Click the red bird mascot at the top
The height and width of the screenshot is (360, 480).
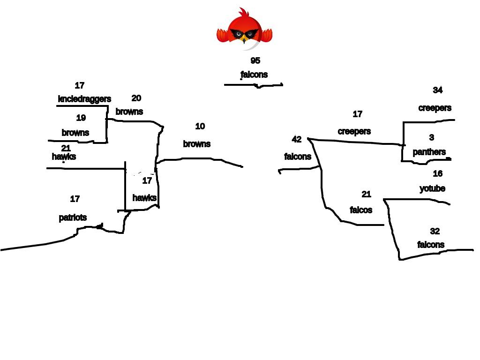coord(244,29)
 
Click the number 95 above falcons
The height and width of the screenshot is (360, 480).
coord(255,61)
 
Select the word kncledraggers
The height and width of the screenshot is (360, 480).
coord(84,99)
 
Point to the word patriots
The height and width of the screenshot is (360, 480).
coord(73,217)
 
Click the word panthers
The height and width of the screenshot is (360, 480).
coord(429,152)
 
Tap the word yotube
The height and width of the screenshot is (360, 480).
coord(432,188)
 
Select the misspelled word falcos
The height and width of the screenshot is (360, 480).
coord(361,210)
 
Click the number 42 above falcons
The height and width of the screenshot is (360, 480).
coord(297,139)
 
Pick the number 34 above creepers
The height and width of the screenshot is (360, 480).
coord(437,90)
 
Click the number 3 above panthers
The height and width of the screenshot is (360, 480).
coord(432,137)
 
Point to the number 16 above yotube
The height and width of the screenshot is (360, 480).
coord(437,174)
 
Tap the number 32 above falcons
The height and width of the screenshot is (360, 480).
coord(435,231)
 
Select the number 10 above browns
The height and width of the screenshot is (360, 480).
coord(200,127)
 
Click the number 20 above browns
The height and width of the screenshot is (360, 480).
coord(136,98)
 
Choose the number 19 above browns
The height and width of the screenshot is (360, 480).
coord(81,118)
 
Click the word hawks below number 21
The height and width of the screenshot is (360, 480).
coord(64,157)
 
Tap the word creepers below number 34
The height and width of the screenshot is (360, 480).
coord(435,108)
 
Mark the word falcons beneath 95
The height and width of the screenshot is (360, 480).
coord(254,75)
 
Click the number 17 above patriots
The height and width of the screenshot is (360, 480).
coord(75,199)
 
